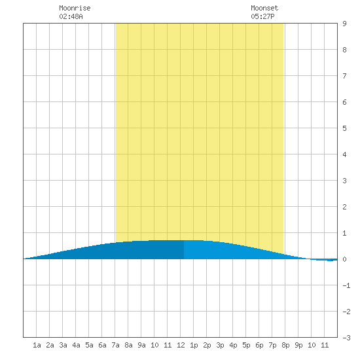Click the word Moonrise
(75, 8)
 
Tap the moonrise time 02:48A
(71, 16)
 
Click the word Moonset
(264, 8)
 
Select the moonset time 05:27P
(262, 16)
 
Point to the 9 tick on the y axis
(344, 24)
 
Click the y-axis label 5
(344, 128)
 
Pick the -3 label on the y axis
(346, 338)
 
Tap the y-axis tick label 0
(344, 259)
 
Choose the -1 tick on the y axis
(346, 285)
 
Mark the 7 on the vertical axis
(344, 76)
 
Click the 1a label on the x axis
(37, 345)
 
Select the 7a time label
(115, 345)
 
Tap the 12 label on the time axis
(181, 345)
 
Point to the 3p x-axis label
(220, 345)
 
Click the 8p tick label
(285, 345)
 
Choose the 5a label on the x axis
(89, 345)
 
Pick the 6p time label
(259, 345)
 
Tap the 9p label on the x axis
(298, 345)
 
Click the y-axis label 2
(344, 207)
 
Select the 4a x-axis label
(76, 345)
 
